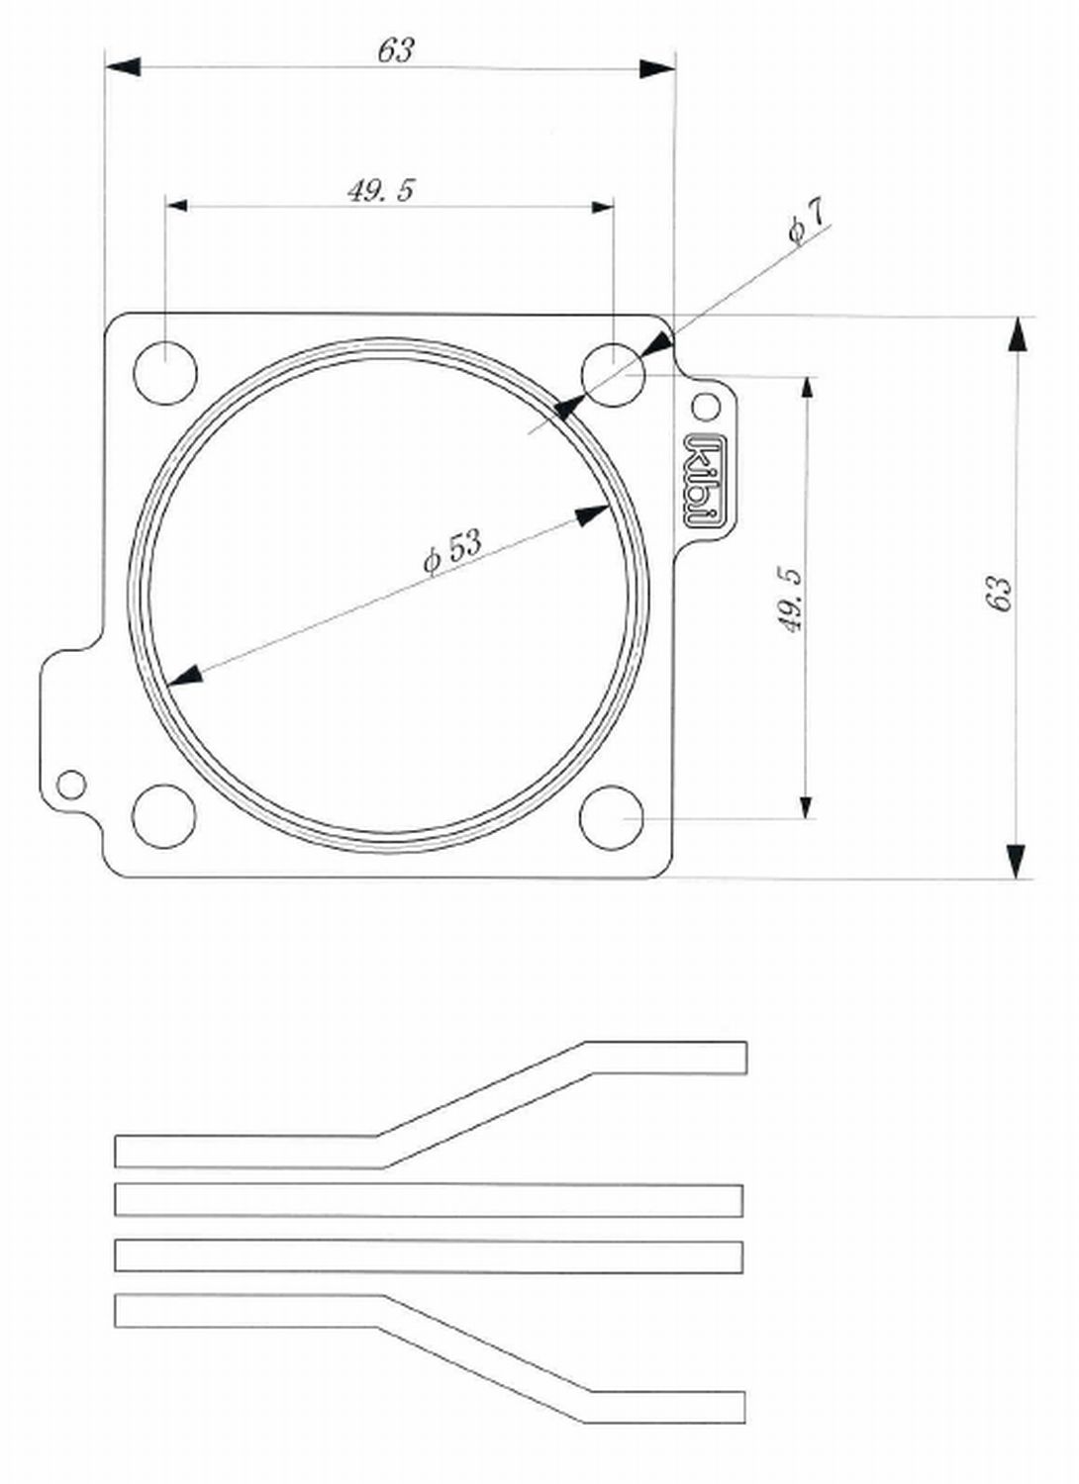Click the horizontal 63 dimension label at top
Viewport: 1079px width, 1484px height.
point(395,49)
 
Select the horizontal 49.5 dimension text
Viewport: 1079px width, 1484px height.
point(380,190)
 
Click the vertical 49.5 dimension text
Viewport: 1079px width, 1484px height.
point(791,599)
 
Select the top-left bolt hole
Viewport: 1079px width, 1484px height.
point(164,372)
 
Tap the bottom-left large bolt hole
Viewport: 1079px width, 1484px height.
point(163,816)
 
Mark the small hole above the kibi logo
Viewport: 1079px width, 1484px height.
point(705,406)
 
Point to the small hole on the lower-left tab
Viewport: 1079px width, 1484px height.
point(71,785)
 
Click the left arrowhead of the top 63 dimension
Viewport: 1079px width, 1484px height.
point(123,66)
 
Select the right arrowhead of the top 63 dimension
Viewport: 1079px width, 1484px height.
point(657,68)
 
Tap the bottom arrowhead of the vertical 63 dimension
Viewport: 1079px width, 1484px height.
point(1016,860)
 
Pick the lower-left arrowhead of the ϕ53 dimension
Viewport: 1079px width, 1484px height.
point(184,675)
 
